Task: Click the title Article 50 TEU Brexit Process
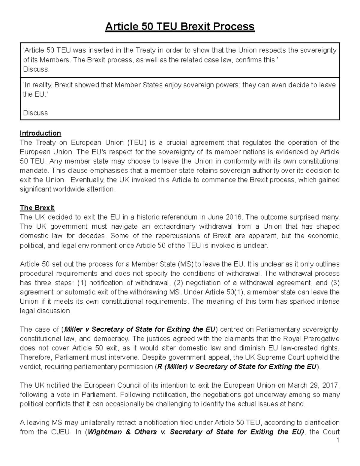point(180,27)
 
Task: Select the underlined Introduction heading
point(40,133)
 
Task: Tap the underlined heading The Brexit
point(37,208)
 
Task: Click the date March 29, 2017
point(314,385)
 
